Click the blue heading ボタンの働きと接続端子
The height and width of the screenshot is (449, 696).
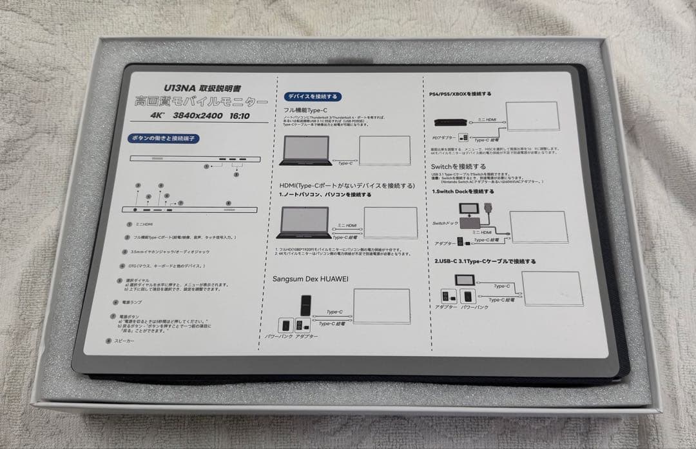pos(160,138)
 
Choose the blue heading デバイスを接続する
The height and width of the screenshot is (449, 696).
pos(313,97)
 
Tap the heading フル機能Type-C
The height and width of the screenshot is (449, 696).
pos(307,110)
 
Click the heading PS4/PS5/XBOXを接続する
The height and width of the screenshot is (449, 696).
pos(459,94)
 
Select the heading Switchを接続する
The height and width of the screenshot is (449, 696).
pos(460,166)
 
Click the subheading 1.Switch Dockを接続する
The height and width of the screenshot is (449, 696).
pos(463,192)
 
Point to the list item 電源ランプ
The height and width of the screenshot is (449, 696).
pos(131,301)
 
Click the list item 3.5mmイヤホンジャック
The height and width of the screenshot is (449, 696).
pos(161,252)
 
